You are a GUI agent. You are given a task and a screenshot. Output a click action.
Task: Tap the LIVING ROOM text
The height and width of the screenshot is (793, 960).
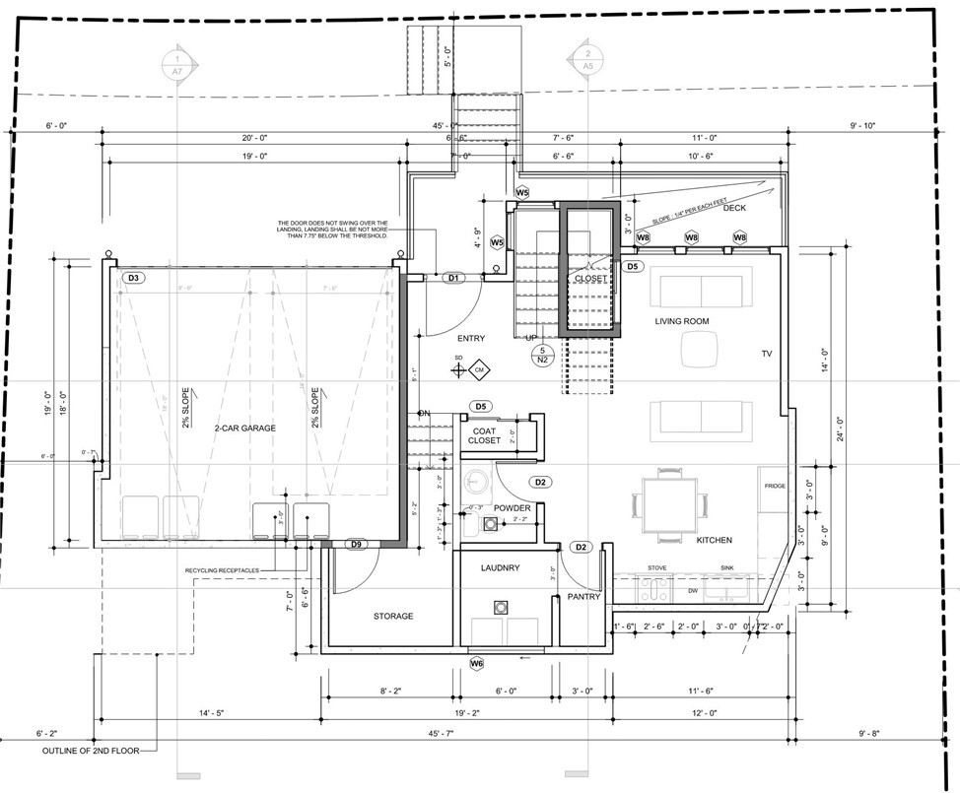tap(681, 321)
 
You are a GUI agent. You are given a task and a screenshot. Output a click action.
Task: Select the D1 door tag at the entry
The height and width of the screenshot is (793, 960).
tap(453, 279)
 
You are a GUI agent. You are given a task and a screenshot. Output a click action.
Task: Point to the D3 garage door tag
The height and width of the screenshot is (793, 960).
tap(135, 279)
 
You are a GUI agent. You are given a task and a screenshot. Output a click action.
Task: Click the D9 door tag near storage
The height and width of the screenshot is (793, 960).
tap(357, 545)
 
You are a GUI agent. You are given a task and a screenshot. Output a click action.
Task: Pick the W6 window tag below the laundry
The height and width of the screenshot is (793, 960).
tap(477, 664)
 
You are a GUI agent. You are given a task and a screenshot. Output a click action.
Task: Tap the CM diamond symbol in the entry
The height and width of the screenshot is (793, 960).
tap(480, 370)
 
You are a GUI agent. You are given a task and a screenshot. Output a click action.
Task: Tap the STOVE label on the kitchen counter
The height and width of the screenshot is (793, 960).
tap(656, 568)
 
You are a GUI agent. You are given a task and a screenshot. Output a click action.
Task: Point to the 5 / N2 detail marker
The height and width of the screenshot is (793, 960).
tap(541, 356)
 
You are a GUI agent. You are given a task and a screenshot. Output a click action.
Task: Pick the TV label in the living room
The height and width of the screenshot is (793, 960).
tap(767, 353)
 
